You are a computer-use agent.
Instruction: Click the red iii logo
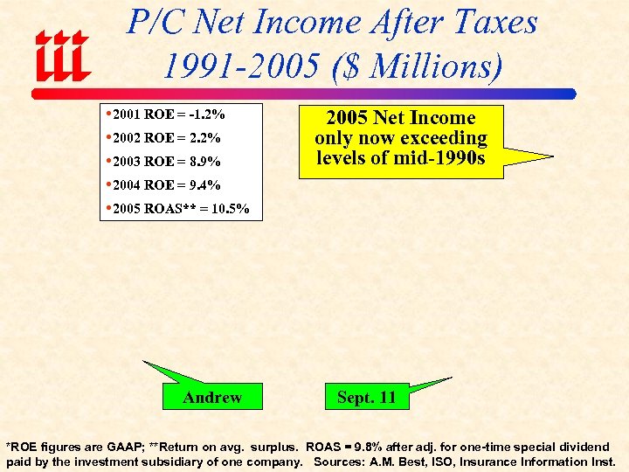(x=62, y=54)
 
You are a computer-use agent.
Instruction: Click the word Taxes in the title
(x=494, y=22)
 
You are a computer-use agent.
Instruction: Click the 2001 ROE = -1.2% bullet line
(x=167, y=115)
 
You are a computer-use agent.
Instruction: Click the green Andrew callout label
(x=212, y=398)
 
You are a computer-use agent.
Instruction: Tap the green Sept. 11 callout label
(x=367, y=398)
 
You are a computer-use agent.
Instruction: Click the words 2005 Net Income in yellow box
(x=401, y=118)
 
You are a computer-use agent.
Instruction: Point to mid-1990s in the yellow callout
(x=446, y=158)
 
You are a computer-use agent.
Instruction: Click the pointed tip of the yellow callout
(x=552, y=157)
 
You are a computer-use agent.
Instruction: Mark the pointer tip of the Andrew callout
(x=144, y=362)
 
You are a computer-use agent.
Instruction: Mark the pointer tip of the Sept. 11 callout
(x=451, y=378)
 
